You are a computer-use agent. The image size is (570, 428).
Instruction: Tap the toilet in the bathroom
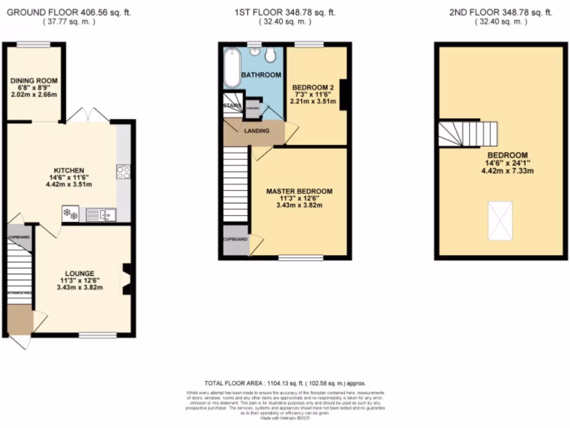271,54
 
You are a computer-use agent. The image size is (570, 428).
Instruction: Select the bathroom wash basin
255,52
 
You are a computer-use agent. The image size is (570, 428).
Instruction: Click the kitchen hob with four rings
124,172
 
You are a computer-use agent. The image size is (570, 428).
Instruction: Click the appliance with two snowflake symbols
70,213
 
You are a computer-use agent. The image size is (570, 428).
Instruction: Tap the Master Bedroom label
299,191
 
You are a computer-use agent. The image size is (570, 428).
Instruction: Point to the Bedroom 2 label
313,87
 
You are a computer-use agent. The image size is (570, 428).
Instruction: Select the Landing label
257,131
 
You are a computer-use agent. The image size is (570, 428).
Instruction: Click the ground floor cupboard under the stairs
19,237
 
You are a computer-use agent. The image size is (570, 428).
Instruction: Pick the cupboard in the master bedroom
235,240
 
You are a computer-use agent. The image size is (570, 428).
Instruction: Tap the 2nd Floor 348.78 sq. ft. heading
500,12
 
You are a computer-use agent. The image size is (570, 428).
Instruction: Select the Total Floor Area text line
284,383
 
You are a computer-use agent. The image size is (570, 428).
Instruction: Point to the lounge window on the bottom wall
97,335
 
